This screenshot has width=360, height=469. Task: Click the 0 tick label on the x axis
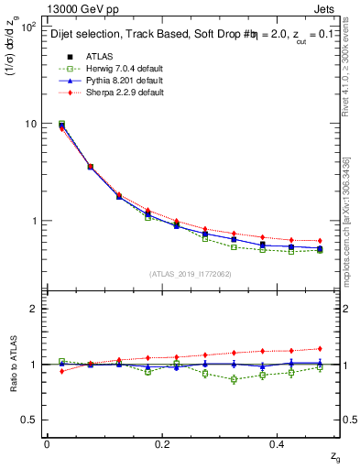click(x=47, y=445)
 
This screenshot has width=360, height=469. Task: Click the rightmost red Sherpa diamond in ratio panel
click(x=319, y=348)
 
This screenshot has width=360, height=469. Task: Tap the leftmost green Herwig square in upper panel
click(x=61, y=124)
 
